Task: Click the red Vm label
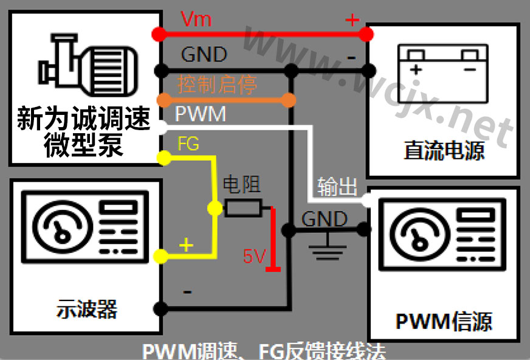196,19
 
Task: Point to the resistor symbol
243,208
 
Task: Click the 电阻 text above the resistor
242,184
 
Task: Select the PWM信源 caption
444,320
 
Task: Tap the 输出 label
337,187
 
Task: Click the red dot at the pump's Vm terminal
159,33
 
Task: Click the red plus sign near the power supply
352,20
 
